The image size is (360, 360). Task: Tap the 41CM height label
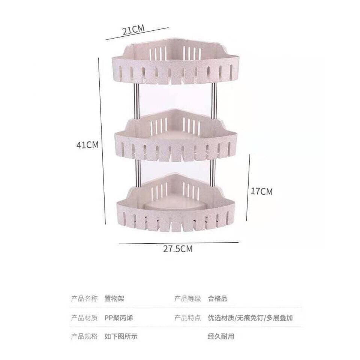87,145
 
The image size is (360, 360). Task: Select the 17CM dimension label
261,192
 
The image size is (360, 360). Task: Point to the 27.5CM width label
178,249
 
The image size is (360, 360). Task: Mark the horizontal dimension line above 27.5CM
178,243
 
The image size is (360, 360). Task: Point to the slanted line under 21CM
137,33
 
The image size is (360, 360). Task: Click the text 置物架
114,299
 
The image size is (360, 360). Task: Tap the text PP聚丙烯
119,318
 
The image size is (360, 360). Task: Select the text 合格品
217,299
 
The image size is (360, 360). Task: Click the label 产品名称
84,299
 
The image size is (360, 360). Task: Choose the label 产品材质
84,318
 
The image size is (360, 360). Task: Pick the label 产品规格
84,336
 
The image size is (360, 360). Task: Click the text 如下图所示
121,336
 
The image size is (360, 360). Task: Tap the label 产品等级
188,299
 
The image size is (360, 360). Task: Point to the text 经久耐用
221,336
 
